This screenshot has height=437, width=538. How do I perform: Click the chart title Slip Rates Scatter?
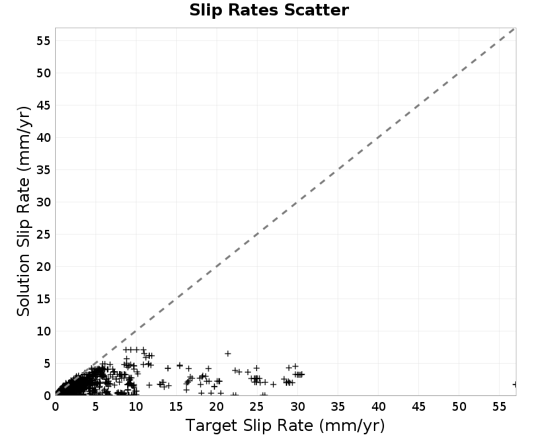(x=269, y=10)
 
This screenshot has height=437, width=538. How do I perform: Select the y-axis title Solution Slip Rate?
(x=24, y=211)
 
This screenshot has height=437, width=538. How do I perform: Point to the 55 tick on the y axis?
(x=44, y=41)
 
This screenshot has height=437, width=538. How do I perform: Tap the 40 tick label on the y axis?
(x=44, y=138)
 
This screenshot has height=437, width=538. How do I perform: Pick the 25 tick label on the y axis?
(x=44, y=235)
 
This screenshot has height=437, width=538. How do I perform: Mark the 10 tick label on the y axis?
(x=44, y=331)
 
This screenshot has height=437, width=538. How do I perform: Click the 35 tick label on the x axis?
(x=338, y=407)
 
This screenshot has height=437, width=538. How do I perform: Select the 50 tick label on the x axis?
(x=459, y=407)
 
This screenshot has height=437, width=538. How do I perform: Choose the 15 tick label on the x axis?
(x=176, y=407)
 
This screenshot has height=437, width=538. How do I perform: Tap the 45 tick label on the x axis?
(x=418, y=407)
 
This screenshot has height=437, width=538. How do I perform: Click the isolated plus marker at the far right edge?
(x=514, y=385)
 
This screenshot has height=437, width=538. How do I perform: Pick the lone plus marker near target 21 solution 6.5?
(x=227, y=354)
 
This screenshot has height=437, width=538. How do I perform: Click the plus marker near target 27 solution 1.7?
(x=273, y=384)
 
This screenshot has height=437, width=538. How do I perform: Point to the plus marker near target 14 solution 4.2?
(x=167, y=368)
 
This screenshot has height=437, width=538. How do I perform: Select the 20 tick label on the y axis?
(x=44, y=267)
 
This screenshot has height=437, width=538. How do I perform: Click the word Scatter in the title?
(x=316, y=10)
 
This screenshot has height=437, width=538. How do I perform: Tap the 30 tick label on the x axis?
(x=297, y=407)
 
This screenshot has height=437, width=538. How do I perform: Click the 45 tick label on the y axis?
(x=44, y=106)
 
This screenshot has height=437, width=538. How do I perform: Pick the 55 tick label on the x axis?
(x=499, y=407)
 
